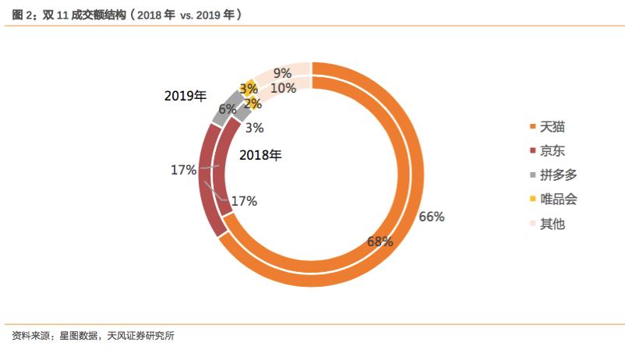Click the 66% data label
pos(431,217)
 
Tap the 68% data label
pos(380,242)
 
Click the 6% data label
pos(228,110)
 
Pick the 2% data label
pos(252,102)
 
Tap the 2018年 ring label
pos(260,155)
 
